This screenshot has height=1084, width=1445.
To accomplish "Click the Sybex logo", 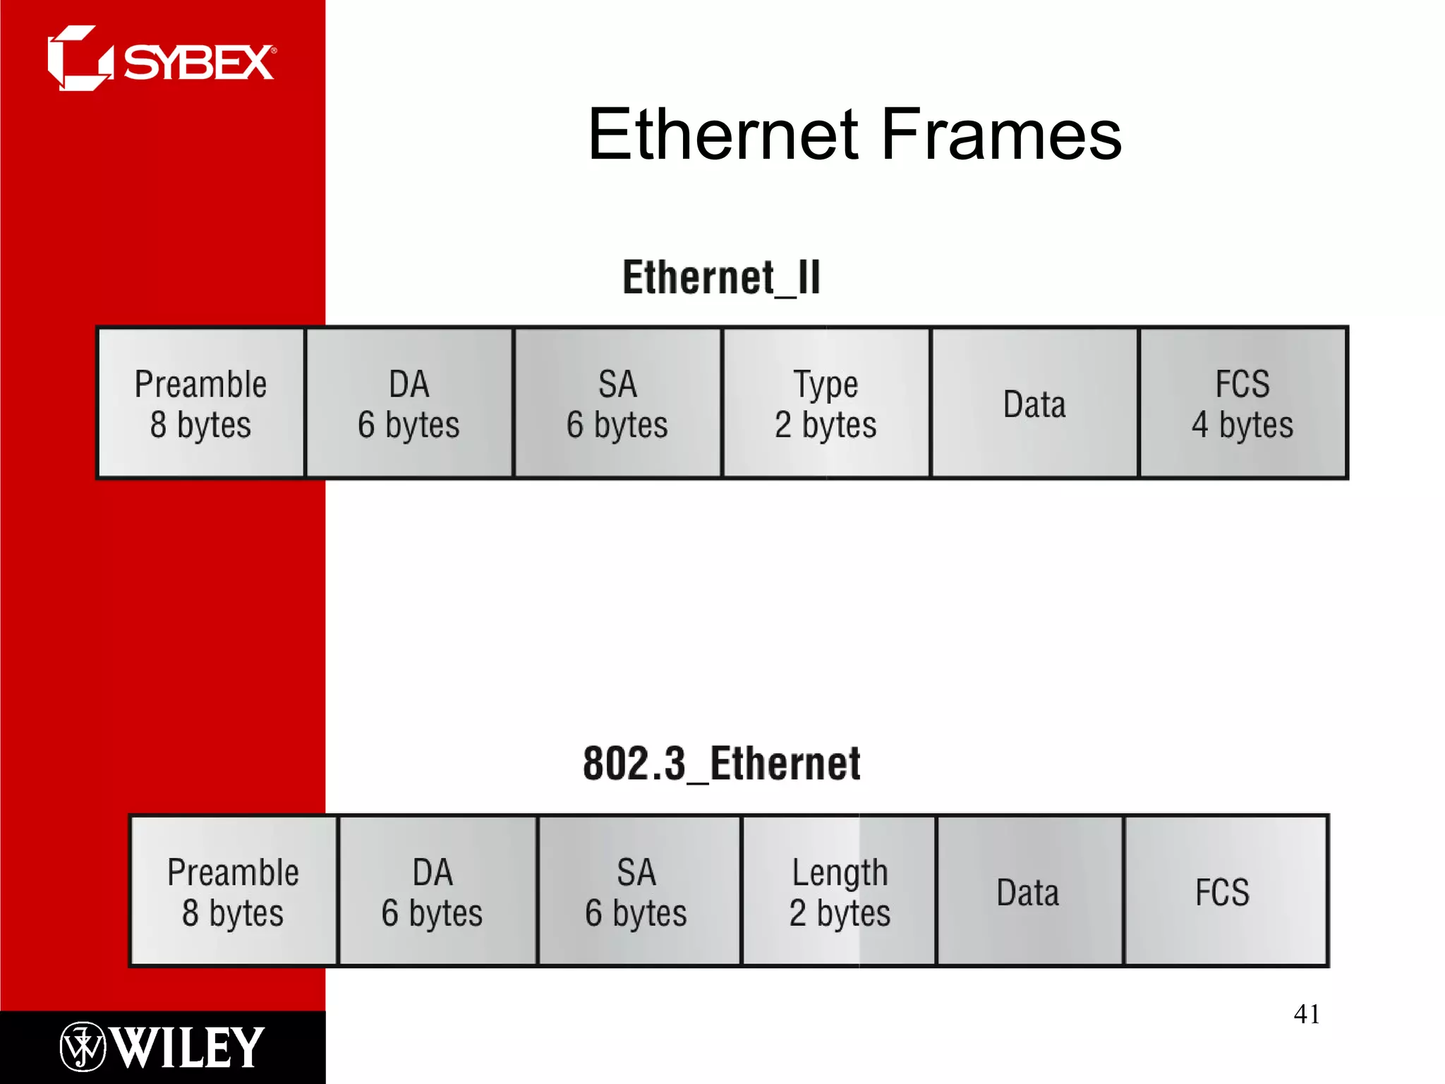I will pos(162,59).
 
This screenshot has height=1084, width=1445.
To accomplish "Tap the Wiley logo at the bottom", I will pos(162,1047).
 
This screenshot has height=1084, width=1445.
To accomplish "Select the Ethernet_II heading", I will pos(721,277).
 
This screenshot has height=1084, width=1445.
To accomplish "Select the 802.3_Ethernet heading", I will pos(721,764).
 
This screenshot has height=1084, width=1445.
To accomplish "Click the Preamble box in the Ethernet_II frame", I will pos(201,403).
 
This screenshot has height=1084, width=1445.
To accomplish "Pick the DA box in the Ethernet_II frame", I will pos(409,403).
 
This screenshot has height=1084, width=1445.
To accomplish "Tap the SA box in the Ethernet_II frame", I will pos(617,403).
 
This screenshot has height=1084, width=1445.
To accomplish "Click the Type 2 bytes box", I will pos(826,403).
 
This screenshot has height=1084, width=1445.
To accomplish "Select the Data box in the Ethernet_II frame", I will pos(1034,403).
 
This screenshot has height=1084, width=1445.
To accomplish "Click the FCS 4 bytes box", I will pos(1243,403).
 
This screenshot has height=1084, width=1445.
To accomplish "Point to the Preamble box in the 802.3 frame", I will pos(234,891).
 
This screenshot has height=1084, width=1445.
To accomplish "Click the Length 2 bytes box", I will pos(840,891).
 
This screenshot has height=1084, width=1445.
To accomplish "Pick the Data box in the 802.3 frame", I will pos(1029,891).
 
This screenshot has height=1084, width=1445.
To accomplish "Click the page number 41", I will pos(1306,1014).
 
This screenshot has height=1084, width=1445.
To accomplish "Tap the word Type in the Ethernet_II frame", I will pos(826,385).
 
